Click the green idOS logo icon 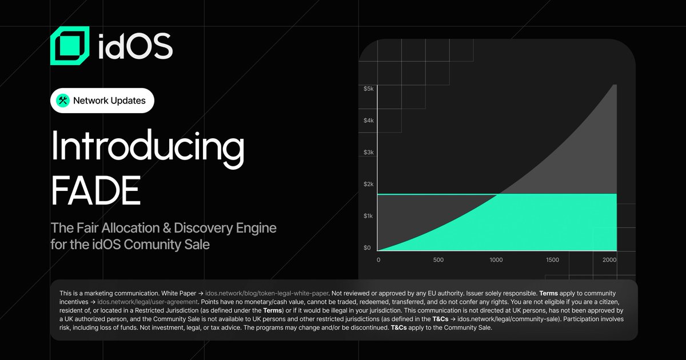click(70, 46)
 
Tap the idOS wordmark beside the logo click(135, 46)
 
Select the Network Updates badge click(102, 101)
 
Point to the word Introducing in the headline click(147, 147)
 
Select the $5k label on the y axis click(368, 89)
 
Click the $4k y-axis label click(368, 121)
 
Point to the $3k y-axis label click(368, 153)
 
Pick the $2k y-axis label click(368, 184)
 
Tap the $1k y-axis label click(368, 216)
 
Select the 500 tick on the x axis click(438, 260)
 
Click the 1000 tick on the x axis click(496, 260)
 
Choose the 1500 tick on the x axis click(552, 260)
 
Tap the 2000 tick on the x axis click(609, 260)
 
